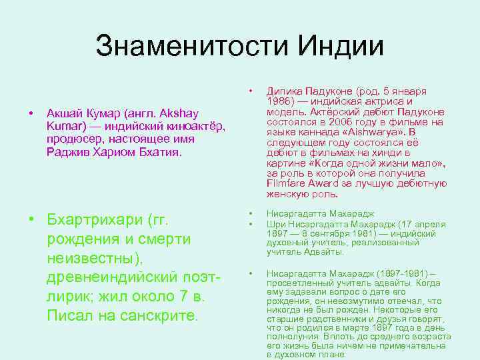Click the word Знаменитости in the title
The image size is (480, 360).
pos(179,47)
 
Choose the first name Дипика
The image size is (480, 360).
pos(283,91)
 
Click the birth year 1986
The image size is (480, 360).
pos(279,101)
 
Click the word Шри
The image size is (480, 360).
pos(275,223)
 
